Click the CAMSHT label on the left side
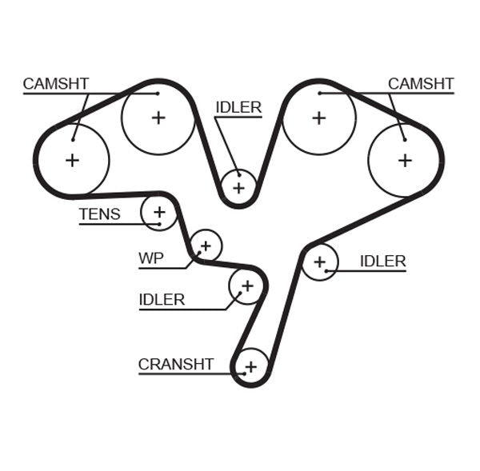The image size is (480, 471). click(x=55, y=84)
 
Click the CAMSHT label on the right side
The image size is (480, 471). click(x=421, y=84)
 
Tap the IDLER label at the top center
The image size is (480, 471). click(x=238, y=107)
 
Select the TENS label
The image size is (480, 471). click(x=99, y=214)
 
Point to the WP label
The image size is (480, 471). click(x=150, y=258)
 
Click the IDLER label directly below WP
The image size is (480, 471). click(x=162, y=300)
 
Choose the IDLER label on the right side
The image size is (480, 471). click(x=382, y=261)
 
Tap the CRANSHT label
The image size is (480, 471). click(x=176, y=365)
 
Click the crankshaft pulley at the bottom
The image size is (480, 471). click(x=251, y=367)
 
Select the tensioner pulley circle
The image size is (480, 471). click(x=158, y=212)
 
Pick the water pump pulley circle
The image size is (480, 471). click(x=206, y=245)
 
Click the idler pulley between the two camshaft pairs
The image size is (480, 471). click(x=238, y=187)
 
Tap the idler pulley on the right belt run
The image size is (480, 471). click(x=320, y=261)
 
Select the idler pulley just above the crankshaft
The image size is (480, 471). click(x=246, y=285)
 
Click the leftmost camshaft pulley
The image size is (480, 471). click(x=73, y=160)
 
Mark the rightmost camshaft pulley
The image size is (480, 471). click(x=405, y=160)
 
